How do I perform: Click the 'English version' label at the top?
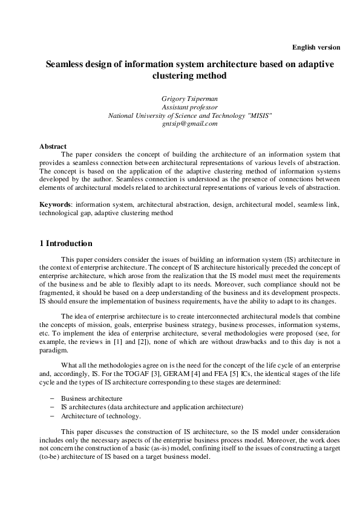tap(316, 47)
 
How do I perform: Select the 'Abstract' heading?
tap(53, 147)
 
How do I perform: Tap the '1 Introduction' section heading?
tap(66, 244)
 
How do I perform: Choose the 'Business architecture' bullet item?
tap(92, 398)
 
